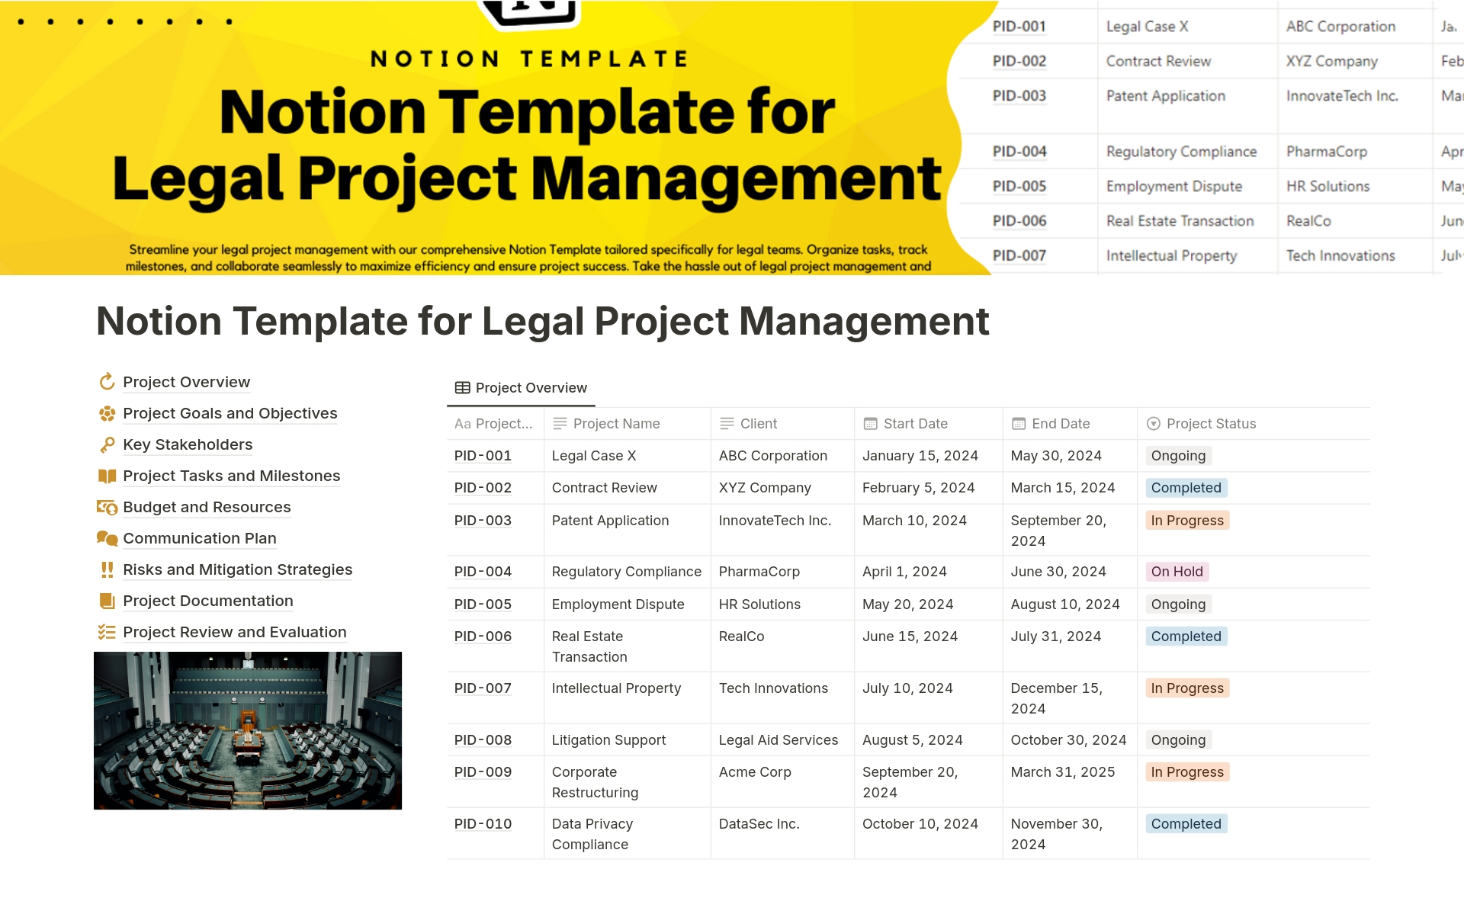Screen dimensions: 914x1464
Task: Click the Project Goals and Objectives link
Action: click(x=230, y=413)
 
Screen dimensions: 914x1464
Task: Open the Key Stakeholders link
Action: click(x=188, y=444)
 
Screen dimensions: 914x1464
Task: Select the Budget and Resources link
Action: click(x=207, y=507)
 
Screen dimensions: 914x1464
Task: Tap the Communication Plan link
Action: click(x=199, y=538)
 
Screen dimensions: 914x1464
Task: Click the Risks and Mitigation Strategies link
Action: click(x=237, y=569)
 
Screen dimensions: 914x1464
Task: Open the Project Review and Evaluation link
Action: click(x=234, y=632)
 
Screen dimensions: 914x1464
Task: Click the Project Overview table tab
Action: click(x=522, y=388)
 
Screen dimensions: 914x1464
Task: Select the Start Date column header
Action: click(x=915, y=424)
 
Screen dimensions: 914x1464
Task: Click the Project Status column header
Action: click(x=1211, y=424)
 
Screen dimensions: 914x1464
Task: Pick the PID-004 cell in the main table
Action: click(x=483, y=572)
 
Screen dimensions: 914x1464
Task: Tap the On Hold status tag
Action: click(x=1177, y=572)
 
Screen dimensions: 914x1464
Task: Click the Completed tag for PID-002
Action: click(x=1186, y=488)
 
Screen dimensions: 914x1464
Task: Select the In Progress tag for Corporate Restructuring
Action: click(x=1186, y=772)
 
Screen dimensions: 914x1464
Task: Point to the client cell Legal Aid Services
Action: click(x=778, y=740)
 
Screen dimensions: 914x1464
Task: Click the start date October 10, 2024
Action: click(x=920, y=824)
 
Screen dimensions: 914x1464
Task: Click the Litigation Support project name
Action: click(x=608, y=740)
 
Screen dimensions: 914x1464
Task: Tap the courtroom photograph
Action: click(x=248, y=730)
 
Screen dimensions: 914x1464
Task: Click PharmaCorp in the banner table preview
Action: click(x=1326, y=152)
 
